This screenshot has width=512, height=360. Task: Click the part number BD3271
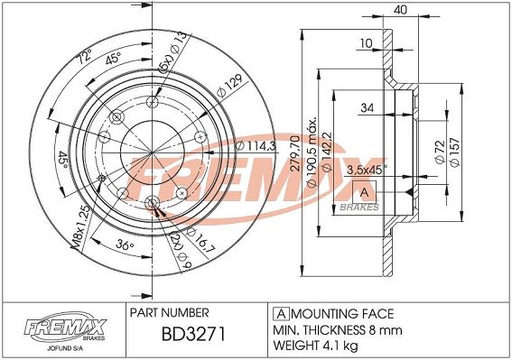[x=193, y=334]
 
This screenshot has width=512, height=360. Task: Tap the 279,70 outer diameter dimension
[x=295, y=153]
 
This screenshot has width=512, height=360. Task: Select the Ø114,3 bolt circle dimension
[x=256, y=145]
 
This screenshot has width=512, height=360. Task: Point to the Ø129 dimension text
[x=230, y=86]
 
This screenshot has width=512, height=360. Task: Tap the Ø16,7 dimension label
[x=200, y=241]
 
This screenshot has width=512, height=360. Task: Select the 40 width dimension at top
[x=400, y=10]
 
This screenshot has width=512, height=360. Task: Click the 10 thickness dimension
[x=366, y=43]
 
